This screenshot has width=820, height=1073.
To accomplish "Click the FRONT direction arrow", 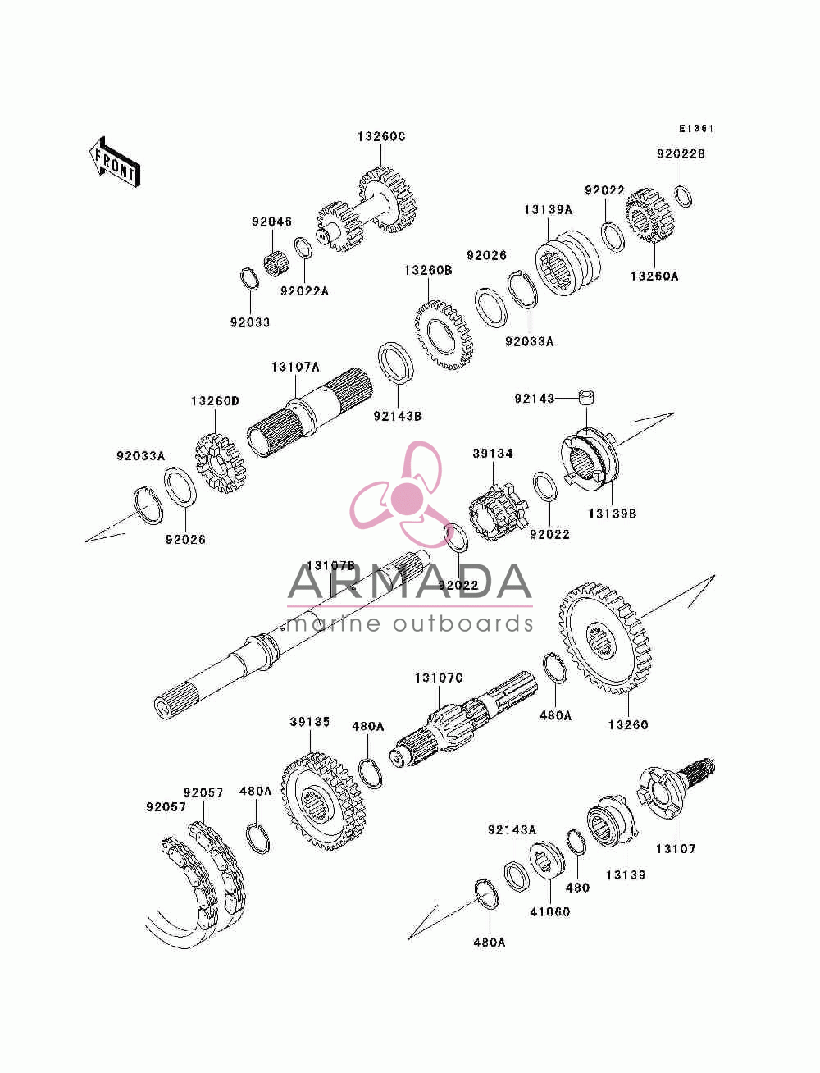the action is tap(115, 162).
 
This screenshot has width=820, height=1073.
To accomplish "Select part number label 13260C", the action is tap(381, 136).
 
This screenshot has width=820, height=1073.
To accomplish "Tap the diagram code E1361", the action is tap(696, 129).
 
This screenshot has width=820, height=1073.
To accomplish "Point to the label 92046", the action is tap(271, 222).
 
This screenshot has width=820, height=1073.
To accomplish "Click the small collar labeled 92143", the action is tap(587, 397).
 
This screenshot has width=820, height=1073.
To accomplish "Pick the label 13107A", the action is tap(296, 367).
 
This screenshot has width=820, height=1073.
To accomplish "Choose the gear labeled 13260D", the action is tap(220, 462).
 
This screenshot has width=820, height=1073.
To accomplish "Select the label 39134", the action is tap(493, 453).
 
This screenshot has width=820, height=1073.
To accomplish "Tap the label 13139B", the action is tap(612, 514).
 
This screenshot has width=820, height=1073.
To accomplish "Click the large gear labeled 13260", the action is tap(605, 638).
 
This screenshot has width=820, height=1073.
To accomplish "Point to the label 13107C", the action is tap(439, 678).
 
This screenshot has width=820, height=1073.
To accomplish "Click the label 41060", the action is tap(549, 911).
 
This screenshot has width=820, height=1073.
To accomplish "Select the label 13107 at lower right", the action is tap(676, 848).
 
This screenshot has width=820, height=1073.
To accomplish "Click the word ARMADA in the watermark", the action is tap(409, 582).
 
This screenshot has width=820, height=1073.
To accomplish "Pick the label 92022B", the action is tap(681, 154).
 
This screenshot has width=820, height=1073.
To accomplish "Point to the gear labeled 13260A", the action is tap(649, 216).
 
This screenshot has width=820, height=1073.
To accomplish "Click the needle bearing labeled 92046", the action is tap(277, 264).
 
